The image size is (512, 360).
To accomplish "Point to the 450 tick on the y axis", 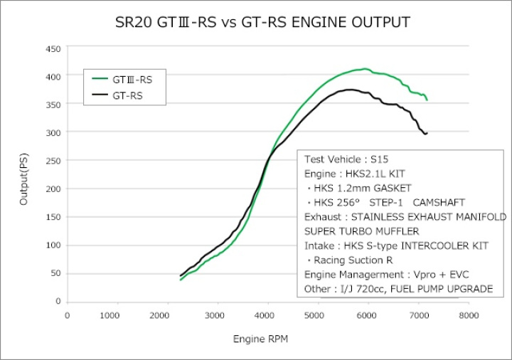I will pos(52,48).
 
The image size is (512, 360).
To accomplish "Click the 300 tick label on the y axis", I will pos(52,132).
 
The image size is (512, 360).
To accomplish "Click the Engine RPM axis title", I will pos(262,339).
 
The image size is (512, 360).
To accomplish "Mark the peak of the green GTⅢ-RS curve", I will pos(366,69).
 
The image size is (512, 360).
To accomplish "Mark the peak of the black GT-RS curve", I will pos(350,90).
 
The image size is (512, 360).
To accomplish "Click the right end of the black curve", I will pos(426,134).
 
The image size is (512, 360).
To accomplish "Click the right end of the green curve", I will pos(427,100).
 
